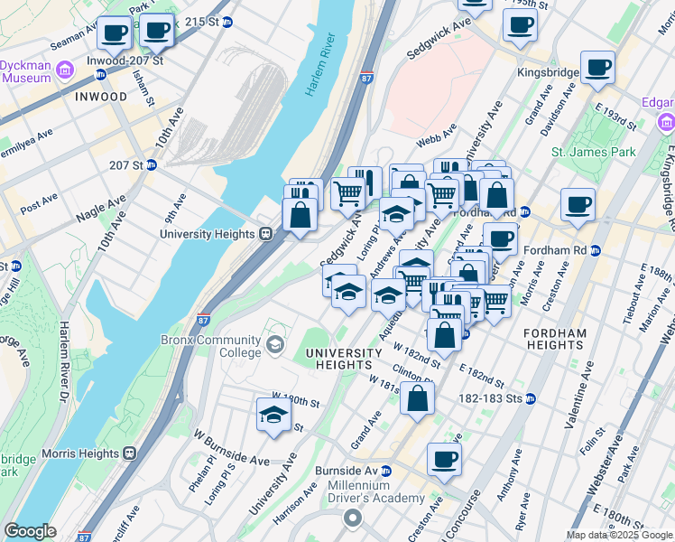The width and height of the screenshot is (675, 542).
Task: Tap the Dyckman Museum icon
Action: pos(64,70)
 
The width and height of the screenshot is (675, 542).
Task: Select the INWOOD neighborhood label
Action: pos(101,97)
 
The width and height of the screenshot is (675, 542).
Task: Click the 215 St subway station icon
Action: pos(227,22)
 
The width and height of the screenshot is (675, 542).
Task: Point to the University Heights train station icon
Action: pos(266,234)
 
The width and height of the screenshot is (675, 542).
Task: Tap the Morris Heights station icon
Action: pos(130,452)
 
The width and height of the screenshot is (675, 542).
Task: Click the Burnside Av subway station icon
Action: pos(386,471)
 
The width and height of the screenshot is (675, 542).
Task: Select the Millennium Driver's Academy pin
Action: pos(353,519)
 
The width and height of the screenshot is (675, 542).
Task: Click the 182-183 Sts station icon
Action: pos(531,398)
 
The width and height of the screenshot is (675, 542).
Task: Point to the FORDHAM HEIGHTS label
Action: pos(555,339)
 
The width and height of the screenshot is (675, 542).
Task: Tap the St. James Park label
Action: pos(593,153)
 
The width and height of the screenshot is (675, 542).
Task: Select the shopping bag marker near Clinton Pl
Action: pos(417,397)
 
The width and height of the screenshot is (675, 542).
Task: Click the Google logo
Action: pos(30,531)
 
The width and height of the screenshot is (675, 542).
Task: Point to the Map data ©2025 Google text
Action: pos(619,535)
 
